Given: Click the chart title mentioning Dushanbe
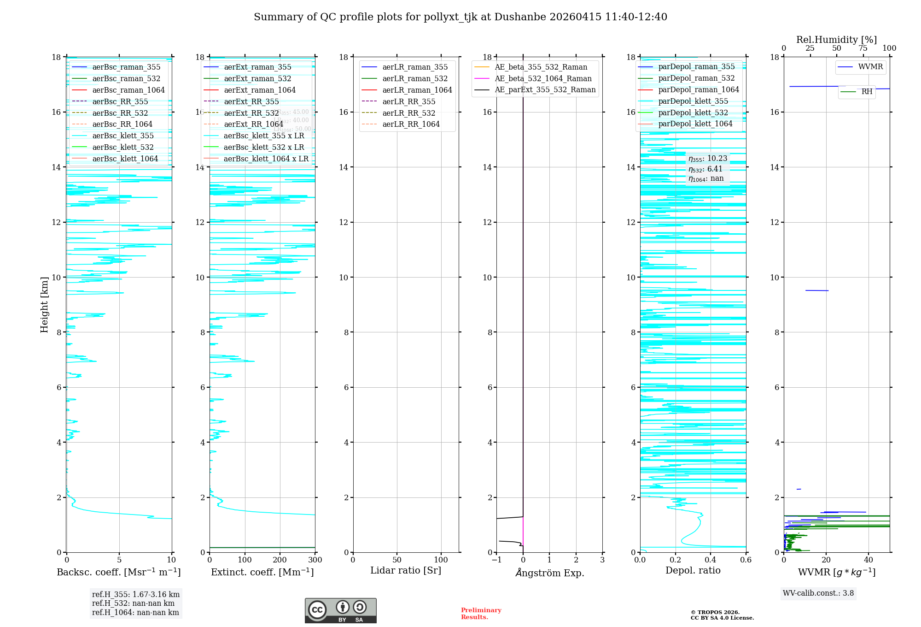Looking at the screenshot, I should pos(460,17).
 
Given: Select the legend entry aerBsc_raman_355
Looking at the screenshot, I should pos(126,67).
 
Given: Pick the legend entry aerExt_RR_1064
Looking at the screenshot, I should pos(253,124).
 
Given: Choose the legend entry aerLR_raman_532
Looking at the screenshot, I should pos(415,79).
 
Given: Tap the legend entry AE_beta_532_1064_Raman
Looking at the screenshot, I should pos(543,79).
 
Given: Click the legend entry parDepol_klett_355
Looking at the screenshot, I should pos(693,101).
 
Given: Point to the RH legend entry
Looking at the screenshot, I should pos(867,92).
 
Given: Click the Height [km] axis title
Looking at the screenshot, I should pos(44,304).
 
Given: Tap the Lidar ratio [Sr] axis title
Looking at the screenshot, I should pos(406,571).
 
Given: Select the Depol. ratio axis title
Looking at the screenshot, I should pos(693,571).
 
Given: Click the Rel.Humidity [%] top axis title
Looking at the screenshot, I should pos(836,40).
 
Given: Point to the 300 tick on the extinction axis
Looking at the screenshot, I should pos(315,560).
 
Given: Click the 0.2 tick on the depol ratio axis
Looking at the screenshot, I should pos(675,560).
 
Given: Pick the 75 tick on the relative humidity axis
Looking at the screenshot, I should pos(863,48).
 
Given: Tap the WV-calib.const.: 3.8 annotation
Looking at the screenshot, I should pos(818,593).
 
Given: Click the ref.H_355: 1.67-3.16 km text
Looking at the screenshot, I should pos(136,595).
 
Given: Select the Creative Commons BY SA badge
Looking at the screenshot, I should pos(340,610).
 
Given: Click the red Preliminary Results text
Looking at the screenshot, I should pos(481,614).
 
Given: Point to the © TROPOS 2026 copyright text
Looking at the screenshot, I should pos(715,613).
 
